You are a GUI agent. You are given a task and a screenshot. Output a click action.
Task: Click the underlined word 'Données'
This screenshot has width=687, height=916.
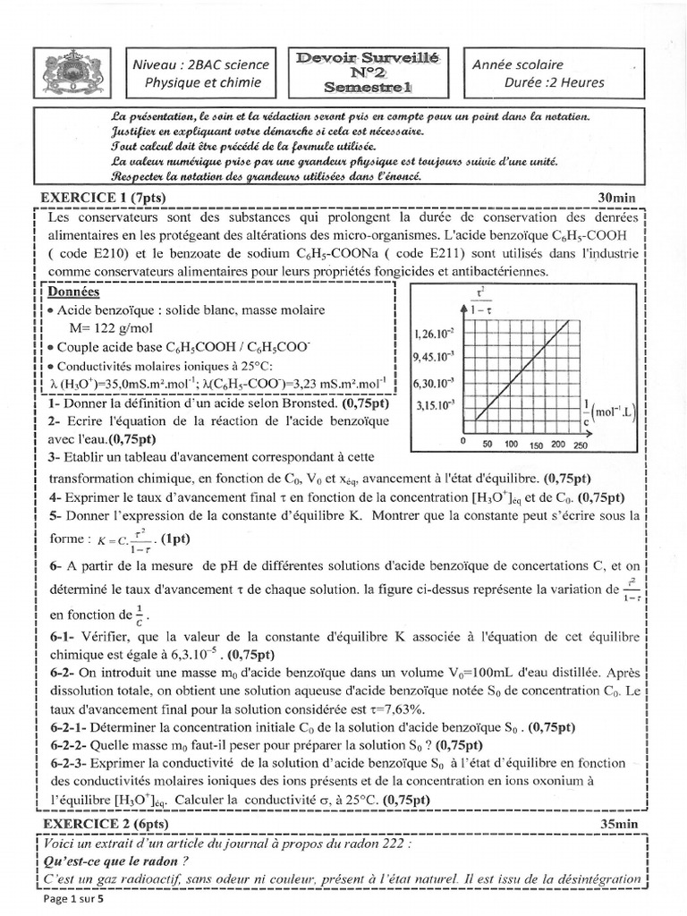pyautogui.click(x=75, y=293)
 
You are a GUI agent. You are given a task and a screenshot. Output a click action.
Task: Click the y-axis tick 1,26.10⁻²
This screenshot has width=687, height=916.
pyautogui.click(x=435, y=335)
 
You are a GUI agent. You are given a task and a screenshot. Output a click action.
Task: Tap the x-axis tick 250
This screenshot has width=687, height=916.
pyautogui.click(x=580, y=445)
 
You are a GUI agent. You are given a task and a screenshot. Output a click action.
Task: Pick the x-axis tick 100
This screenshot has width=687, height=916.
pyautogui.click(x=511, y=444)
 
